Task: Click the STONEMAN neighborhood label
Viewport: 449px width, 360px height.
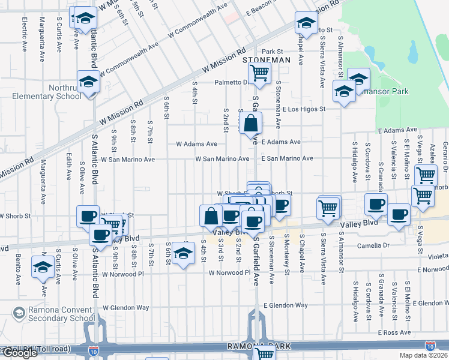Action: click(266, 61)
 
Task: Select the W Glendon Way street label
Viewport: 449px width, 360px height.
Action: click(125, 307)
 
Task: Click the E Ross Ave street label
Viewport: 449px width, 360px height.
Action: click(394, 332)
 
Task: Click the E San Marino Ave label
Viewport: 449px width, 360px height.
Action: click(287, 158)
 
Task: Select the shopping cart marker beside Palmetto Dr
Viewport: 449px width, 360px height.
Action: click(259, 73)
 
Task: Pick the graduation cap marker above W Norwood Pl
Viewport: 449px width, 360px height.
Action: click(184, 254)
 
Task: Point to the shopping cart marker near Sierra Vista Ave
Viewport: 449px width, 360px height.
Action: click(328, 208)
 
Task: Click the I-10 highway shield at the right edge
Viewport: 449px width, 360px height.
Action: click(430, 346)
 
